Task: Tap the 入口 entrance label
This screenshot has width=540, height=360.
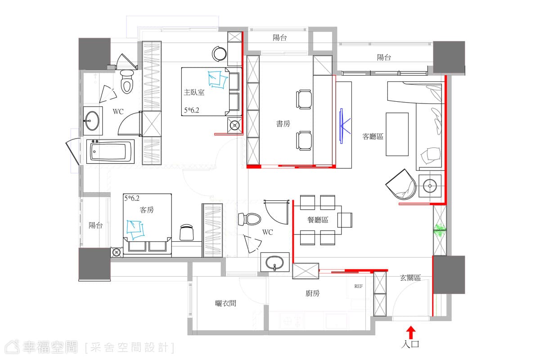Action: [x=410, y=344]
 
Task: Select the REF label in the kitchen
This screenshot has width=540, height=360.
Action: [x=359, y=286]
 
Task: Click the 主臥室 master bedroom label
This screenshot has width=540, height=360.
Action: [x=194, y=92]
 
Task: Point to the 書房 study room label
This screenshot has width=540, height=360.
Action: [x=283, y=124]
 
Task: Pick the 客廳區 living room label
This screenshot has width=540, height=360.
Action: [x=373, y=136]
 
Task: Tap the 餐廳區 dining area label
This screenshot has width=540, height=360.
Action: [x=318, y=220]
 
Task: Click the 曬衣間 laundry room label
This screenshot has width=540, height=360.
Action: [x=225, y=303]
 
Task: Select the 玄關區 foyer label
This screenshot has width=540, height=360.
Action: [x=410, y=278]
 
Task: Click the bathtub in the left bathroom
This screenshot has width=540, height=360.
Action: [x=110, y=152]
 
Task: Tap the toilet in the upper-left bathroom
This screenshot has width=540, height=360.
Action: [x=127, y=81]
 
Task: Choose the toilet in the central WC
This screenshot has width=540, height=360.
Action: [x=249, y=219]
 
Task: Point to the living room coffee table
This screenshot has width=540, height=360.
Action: [x=397, y=134]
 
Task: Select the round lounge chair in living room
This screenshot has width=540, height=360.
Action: [x=401, y=184]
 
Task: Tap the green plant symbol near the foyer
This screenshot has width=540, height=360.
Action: [x=440, y=230]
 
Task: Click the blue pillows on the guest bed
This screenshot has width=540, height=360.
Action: [x=135, y=230]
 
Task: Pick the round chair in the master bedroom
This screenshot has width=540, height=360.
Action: [x=219, y=54]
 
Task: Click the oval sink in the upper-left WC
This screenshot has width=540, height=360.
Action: [x=92, y=121]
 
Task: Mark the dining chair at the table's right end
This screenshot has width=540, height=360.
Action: [x=345, y=220]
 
